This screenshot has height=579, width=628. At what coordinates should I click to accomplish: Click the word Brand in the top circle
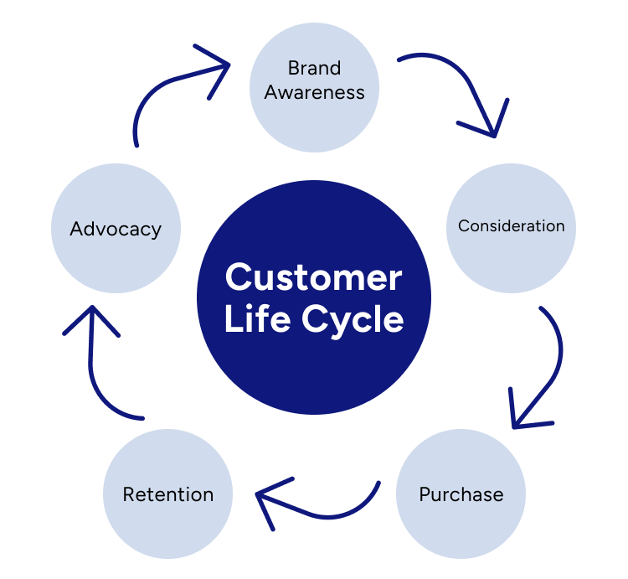[314, 69]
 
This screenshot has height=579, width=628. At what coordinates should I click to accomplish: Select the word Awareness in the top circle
[314, 92]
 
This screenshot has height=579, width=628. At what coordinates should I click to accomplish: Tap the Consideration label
[511, 226]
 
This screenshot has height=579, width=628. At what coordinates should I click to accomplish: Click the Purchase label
[461, 494]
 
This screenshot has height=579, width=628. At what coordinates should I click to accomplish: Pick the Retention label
[167, 494]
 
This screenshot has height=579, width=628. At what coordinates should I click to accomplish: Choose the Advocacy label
[116, 229]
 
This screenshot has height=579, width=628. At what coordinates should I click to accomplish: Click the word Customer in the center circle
[314, 277]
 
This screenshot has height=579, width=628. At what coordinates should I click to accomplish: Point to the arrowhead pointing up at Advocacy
[90, 318]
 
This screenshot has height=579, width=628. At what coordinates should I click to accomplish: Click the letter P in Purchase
[425, 494]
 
